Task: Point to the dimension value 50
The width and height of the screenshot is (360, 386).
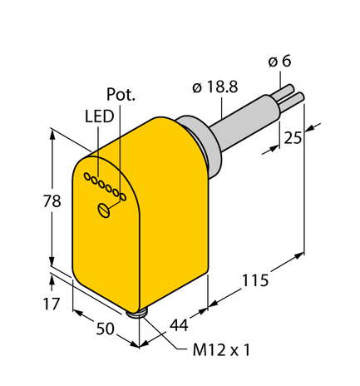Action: [105, 329]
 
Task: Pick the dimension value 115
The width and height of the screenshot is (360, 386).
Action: [255, 280]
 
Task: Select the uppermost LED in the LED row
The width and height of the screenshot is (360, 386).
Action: [88, 175]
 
